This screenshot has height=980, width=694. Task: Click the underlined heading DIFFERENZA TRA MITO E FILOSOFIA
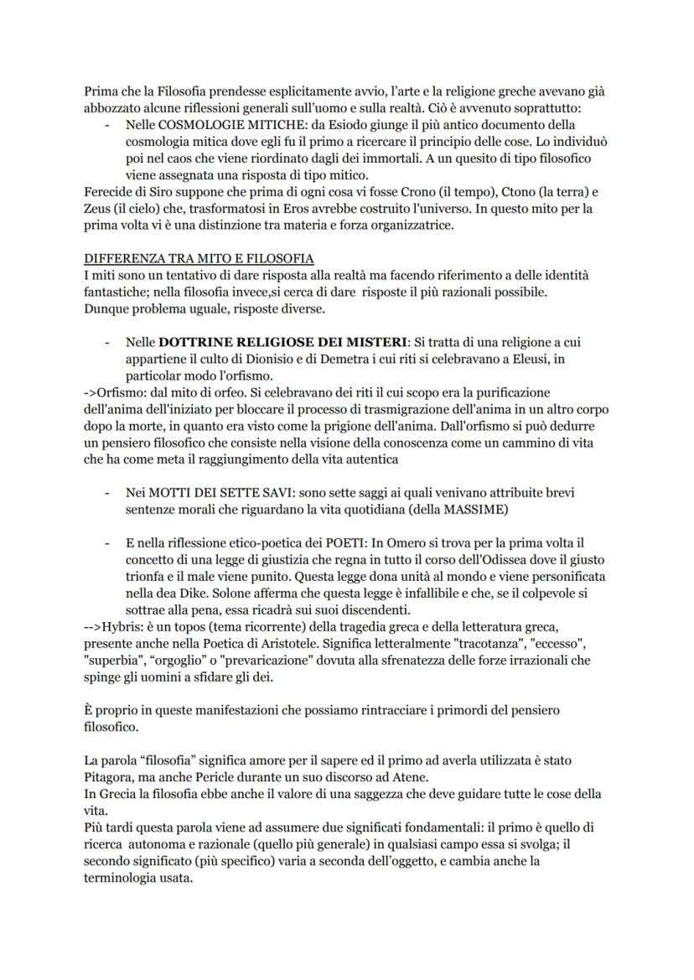[x=199, y=258]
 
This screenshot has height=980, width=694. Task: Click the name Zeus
[x=100, y=207]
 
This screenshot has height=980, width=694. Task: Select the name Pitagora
[x=114, y=777]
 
